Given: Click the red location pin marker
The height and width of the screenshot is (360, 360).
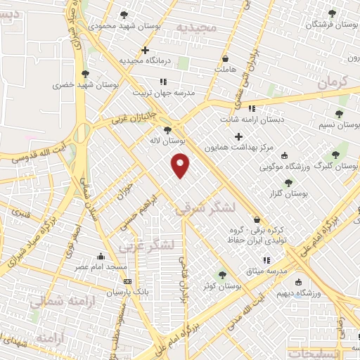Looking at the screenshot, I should click(x=181, y=166).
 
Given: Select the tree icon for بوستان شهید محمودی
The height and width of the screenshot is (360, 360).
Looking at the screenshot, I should click(x=124, y=14).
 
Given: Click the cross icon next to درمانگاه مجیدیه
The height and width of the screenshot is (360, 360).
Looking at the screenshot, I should click(x=145, y=50).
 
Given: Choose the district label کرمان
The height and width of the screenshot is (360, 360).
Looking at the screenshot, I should click(x=333, y=82).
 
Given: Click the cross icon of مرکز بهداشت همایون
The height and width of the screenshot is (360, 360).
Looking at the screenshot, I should click(x=238, y=136).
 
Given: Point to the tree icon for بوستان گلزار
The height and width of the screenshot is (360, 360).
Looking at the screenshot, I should click(x=288, y=182).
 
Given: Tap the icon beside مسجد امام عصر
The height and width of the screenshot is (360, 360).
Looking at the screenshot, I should click(x=101, y=255).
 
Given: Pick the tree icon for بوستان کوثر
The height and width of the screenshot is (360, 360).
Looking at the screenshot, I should click(x=223, y=275).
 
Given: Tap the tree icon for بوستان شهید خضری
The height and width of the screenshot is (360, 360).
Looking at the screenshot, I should click(x=85, y=73).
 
